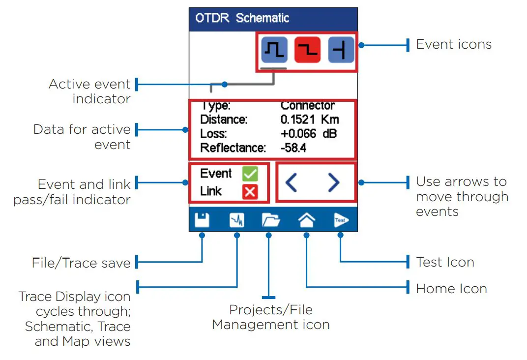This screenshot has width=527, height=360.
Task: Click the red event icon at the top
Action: (307, 50)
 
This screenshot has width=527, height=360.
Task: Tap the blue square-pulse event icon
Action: (274, 50)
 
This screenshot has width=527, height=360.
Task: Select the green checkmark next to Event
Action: (250, 174)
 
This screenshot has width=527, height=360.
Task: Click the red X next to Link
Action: (250, 192)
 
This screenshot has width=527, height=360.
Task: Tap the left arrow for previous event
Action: (291, 182)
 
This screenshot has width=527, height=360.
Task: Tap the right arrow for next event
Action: (333, 182)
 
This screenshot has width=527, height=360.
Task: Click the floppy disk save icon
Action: (202, 220)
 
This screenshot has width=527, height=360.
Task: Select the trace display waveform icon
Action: (237, 220)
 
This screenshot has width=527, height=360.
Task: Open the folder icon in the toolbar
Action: (271, 220)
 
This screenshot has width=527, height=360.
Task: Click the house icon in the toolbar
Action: (307, 220)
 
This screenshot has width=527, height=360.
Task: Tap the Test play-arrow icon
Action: (341, 220)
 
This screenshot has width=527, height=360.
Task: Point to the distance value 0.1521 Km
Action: (310, 120)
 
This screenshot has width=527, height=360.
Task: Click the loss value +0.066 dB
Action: (309, 133)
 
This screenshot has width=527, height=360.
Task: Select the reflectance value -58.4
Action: (293, 148)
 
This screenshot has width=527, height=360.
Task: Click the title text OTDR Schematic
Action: (242, 18)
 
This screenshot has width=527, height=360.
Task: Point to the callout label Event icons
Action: (454, 44)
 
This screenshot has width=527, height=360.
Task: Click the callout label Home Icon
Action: (451, 289)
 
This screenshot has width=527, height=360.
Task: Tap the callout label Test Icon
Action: (445, 262)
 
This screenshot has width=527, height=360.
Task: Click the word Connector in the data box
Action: (308, 105)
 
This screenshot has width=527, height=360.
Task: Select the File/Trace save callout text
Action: (81, 263)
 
